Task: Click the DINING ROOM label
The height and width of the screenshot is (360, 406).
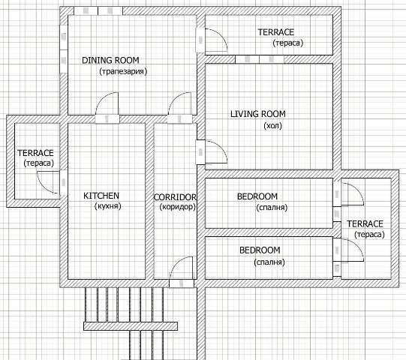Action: click(110, 60)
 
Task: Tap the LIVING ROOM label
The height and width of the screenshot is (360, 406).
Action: click(258, 114)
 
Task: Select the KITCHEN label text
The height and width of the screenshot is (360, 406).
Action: click(101, 196)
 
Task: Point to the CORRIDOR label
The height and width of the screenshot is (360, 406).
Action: click(175, 197)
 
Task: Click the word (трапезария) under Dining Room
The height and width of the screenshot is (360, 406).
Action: click(123, 71)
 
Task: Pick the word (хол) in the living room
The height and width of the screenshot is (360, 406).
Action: click(272, 126)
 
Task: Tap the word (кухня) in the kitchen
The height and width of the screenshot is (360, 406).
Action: click(108, 206)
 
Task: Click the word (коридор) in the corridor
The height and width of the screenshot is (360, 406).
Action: click(178, 207)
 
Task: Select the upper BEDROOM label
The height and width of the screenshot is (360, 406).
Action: click(257, 196)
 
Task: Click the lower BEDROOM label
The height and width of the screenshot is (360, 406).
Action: click(260, 250)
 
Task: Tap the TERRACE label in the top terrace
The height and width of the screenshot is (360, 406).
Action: click(276, 32)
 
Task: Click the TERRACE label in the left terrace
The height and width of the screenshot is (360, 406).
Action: click(35, 153)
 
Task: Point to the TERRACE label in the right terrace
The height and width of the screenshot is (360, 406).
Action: click(365, 223)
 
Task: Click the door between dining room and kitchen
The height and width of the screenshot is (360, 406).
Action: click(107, 108)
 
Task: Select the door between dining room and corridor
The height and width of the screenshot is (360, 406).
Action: click(180, 108)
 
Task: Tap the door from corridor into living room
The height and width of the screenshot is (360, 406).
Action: click(212, 152)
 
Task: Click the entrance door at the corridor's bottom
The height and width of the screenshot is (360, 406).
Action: click(182, 272)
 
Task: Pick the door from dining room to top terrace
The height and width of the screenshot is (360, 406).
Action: click(212, 40)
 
